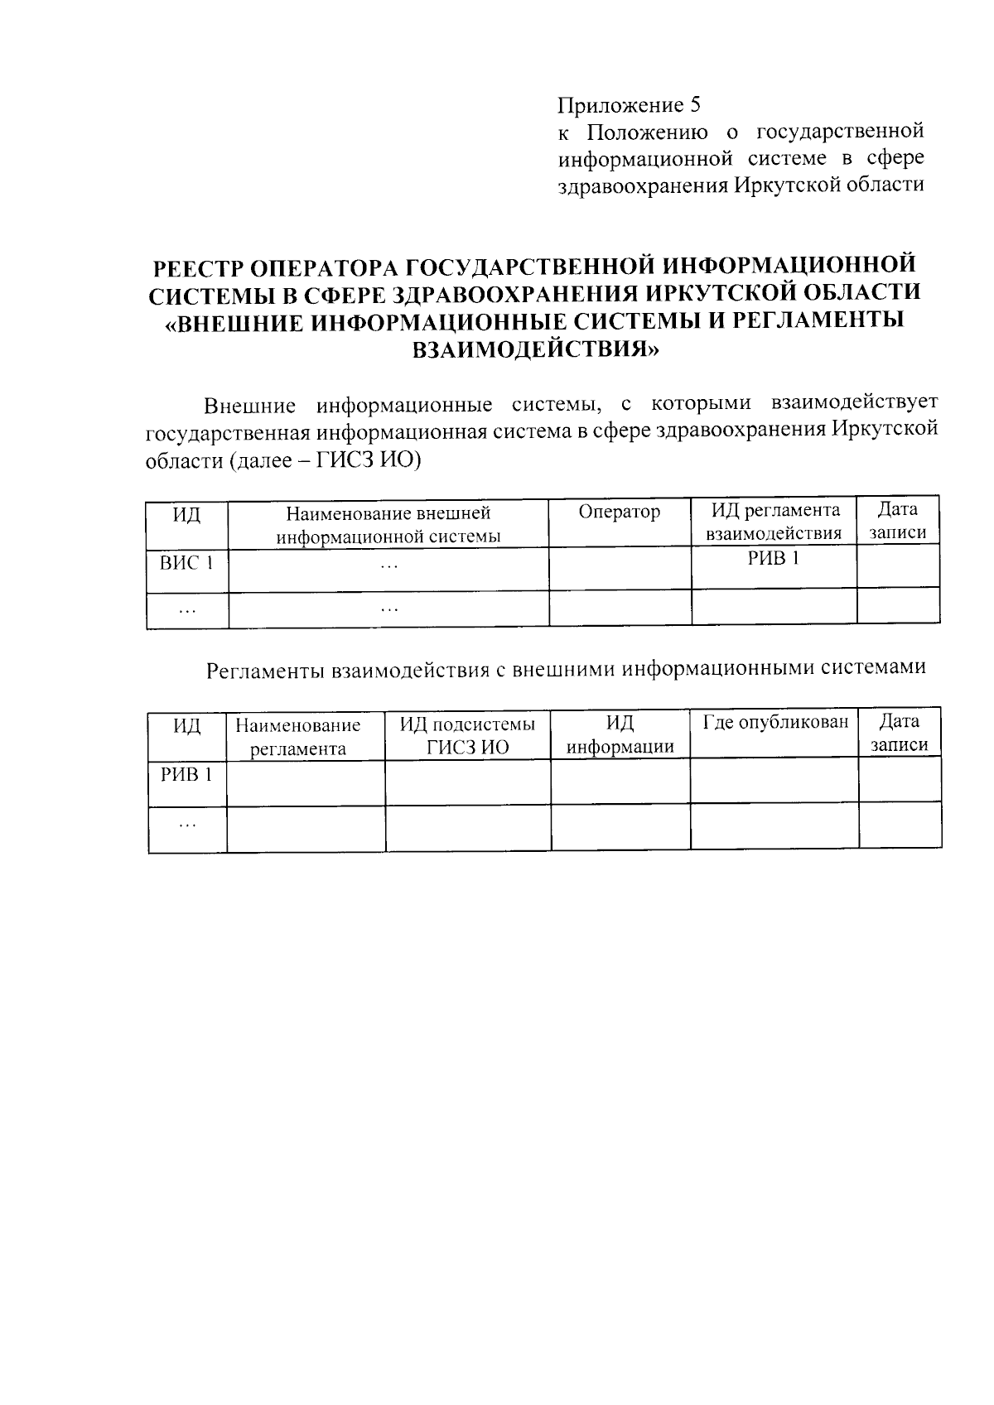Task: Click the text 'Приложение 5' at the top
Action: pyautogui.click(x=629, y=106)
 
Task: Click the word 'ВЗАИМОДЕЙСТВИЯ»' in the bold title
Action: pyautogui.click(x=536, y=350)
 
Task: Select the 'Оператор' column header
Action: pyautogui.click(x=619, y=512)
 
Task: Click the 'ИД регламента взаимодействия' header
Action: pyautogui.click(x=774, y=522)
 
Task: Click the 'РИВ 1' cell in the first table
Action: pyautogui.click(x=774, y=559)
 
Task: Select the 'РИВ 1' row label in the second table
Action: pyautogui.click(x=186, y=775)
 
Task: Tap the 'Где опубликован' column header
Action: pyautogui.click(x=775, y=723)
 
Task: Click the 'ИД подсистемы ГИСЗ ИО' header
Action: pyautogui.click(x=468, y=735)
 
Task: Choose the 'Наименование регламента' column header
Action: pyautogui.click(x=297, y=737)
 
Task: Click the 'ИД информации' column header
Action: pyautogui.click(x=620, y=735)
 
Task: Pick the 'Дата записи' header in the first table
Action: pyautogui.click(x=898, y=522)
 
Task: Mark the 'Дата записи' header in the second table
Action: pyautogui.click(x=899, y=733)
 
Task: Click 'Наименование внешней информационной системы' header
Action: pyautogui.click(x=388, y=524)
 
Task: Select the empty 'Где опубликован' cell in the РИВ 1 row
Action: pyautogui.click(x=774, y=781)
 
